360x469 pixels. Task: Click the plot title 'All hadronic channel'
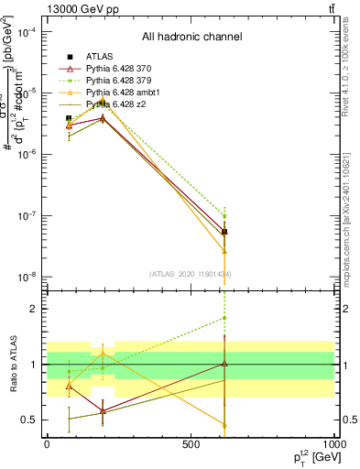tap(191, 37)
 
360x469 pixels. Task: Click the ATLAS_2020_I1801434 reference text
tap(191, 274)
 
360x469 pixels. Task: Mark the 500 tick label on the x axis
tap(191, 443)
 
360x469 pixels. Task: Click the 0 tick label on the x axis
tap(47, 443)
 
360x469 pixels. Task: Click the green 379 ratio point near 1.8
tap(224, 319)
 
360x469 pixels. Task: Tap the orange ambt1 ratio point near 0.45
tap(224, 425)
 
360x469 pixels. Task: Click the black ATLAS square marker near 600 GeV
tap(224, 232)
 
